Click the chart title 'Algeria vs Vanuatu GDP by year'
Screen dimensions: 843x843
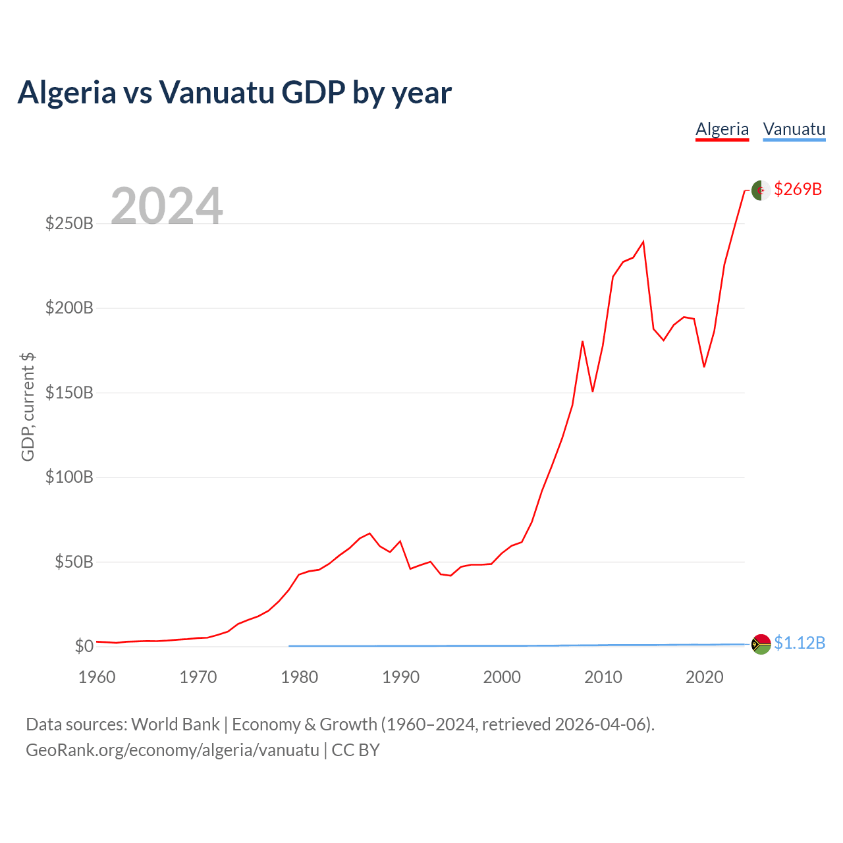(234, 93)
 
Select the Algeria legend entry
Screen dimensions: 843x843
(722, 130)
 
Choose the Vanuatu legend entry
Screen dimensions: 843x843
(794, 130)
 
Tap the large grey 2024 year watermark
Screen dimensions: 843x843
(166, 205)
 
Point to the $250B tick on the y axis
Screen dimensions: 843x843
(70, 223)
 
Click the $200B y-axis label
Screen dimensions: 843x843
(70, 308)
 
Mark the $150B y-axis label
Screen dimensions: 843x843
(70, 393)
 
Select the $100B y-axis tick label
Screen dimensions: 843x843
(70, 477)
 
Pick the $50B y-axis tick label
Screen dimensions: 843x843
(74, 562)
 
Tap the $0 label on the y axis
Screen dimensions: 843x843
(84, 646)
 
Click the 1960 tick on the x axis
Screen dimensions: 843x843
(97, 678)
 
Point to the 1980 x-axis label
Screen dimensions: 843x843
(299, 678)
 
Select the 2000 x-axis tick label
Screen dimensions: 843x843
(502, 678)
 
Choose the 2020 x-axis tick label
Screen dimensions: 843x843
(704, 678)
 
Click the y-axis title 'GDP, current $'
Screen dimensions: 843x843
(28, 407)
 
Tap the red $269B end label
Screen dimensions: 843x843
(798, 190)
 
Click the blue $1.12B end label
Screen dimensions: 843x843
(800, 643)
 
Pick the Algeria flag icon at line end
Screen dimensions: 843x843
(761, 190)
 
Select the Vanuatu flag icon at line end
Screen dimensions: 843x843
(761, 644)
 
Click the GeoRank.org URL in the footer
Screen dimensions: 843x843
(173, 750)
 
